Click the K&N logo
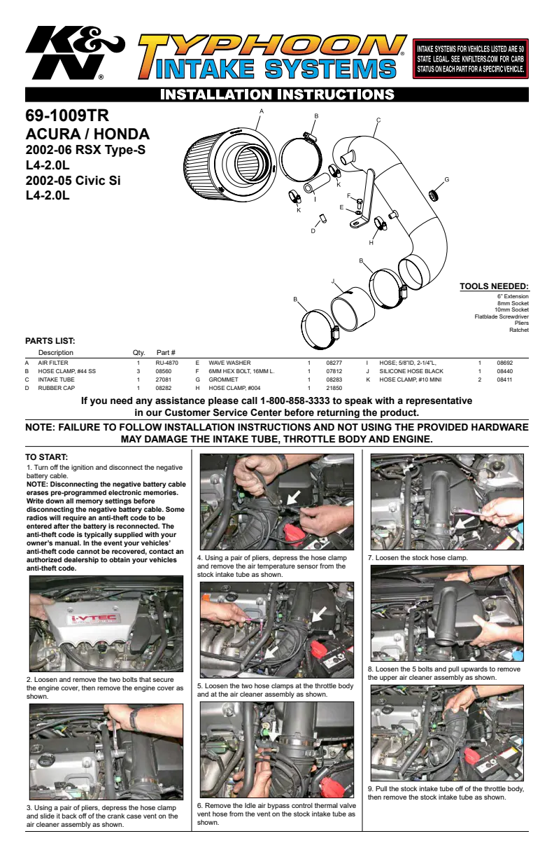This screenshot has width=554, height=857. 75,53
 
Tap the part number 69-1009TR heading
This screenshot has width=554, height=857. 67,116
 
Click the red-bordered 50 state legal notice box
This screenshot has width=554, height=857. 470,59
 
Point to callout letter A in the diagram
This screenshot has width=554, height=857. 262,111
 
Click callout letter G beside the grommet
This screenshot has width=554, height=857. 446,179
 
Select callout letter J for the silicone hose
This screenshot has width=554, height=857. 333,281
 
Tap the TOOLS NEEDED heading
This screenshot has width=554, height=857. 494,286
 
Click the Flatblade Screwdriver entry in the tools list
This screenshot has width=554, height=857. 502,316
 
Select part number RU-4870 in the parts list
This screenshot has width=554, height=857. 166,363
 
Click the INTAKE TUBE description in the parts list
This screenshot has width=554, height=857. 56,379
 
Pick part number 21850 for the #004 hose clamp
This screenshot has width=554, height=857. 334,388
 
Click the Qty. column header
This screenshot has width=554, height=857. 138,352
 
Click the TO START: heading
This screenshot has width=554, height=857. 46,457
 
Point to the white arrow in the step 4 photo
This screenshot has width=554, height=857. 293,498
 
